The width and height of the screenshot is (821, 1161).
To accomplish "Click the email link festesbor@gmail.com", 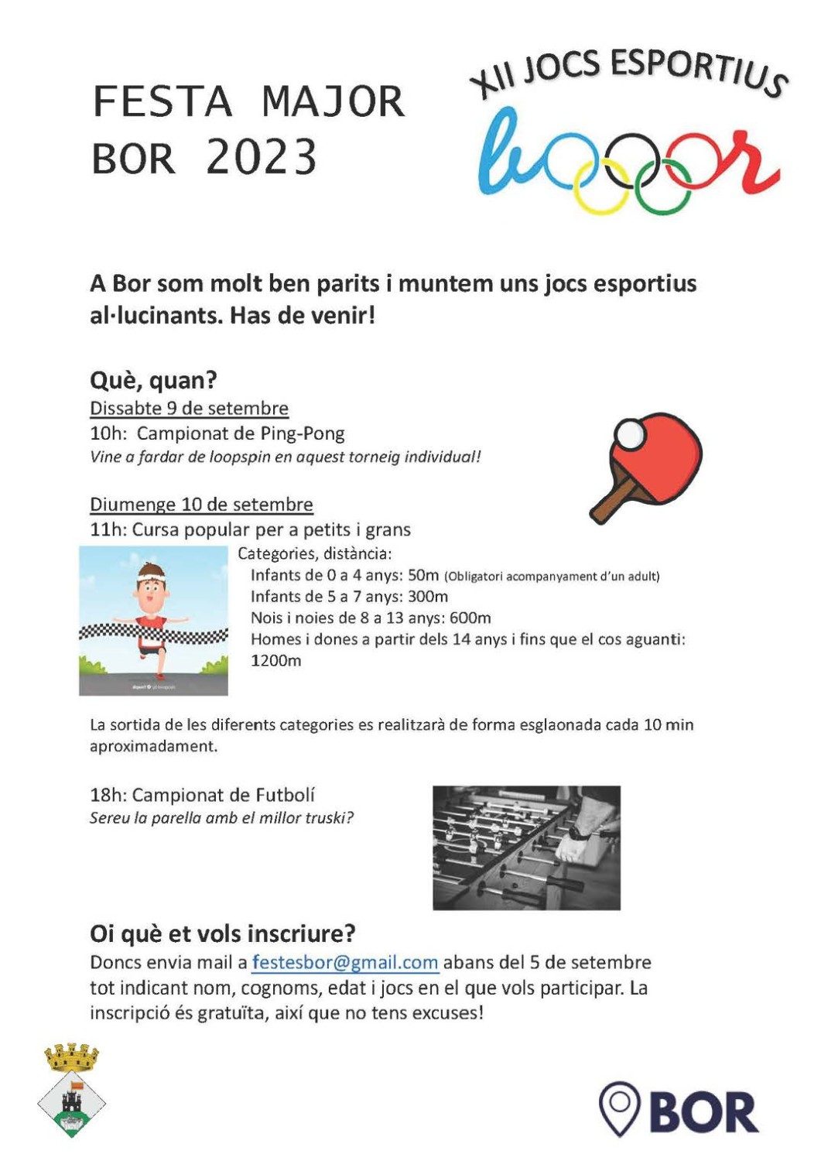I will pos(345,963).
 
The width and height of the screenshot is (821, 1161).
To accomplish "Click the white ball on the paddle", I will pos(630,434).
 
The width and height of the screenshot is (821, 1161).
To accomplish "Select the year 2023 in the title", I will pos(262,157).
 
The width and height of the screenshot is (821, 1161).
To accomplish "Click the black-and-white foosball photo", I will pos(526,848).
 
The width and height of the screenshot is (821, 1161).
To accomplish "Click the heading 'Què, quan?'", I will pos(153,381).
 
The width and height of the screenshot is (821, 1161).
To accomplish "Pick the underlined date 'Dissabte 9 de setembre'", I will pos(189,408).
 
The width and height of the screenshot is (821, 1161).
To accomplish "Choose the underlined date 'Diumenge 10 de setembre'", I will pos(201,505).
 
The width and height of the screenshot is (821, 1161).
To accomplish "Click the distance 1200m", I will pos(275,661).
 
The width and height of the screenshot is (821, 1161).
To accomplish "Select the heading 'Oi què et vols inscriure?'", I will pos(223,933).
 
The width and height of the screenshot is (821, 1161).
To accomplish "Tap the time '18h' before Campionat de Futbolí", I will pos(108,795).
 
